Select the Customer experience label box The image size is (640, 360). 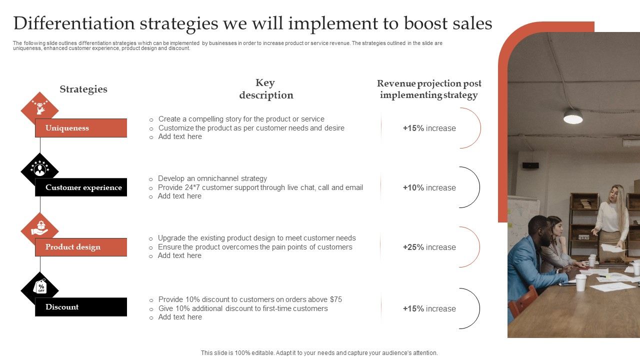click(x=80, y=187)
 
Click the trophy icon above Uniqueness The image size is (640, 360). click(x=39, y=107)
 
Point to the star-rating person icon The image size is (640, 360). click(x=39, y=169)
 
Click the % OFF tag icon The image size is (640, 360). click(x=40, y=287)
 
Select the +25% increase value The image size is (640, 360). click(x=429, y=247)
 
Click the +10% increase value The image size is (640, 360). click(x=429, y=187)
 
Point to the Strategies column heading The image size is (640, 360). click(x=83, y=89)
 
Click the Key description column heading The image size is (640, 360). click(x=266, y=89)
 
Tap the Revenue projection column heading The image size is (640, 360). click(x=429, y=89)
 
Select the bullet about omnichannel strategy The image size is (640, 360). click(x=212, y=178)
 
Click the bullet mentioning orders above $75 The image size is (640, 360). click(x=250, y=299)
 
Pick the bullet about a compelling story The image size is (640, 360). click(x=241, y=119)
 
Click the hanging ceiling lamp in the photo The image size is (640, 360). click(x=573, y=116)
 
